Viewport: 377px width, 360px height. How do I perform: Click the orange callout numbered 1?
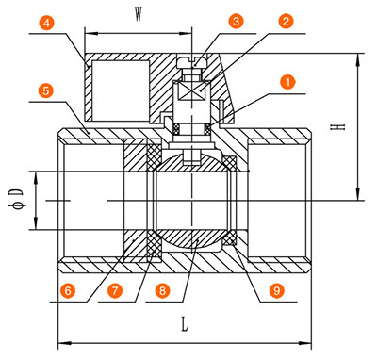[287, 82]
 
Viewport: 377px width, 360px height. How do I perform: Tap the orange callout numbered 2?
[286, 22]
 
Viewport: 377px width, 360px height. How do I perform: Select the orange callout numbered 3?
[236, 22]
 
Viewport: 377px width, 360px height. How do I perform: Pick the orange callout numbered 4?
[47, 24]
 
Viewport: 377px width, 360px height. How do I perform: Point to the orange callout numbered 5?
[46, 90]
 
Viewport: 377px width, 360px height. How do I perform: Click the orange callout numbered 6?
[68, 290]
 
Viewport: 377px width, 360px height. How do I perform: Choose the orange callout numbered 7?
[115, 290]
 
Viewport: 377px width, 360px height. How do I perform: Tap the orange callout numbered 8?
[162, 290]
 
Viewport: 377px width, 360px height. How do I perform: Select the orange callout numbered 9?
[276, 290]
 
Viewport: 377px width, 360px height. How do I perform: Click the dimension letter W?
[139, 15]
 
